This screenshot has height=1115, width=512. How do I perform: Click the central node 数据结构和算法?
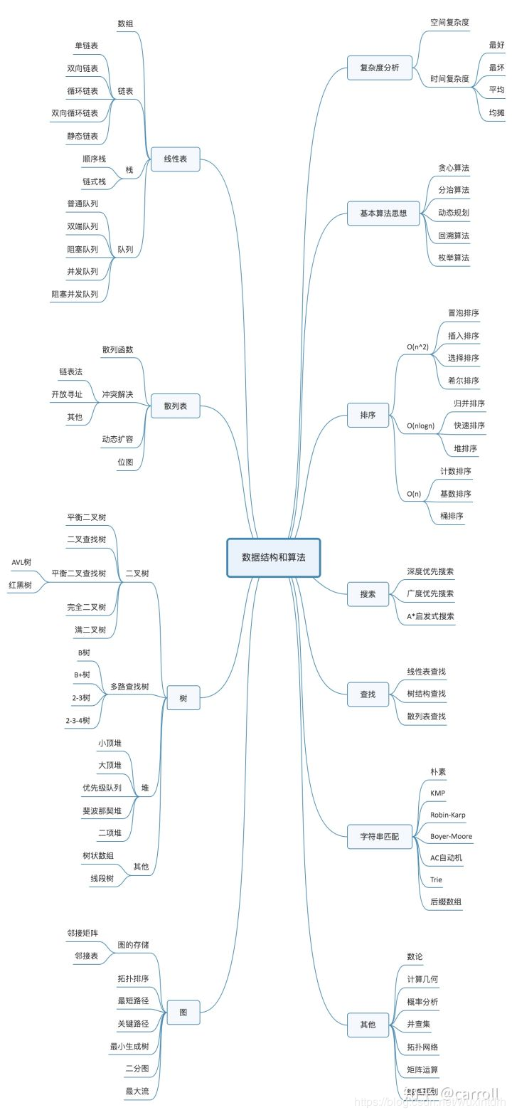pyautogui.click(x=274, y=557)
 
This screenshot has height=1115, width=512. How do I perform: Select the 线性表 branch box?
pyautogui.click(x=176, y=159)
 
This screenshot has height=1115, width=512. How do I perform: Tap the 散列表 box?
pyautogui.click(x=176, y=406)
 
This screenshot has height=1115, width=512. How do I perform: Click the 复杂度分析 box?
pyautogui.click(x=379, y=68)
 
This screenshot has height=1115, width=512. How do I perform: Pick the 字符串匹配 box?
pyautogui.click(x=379, y=836)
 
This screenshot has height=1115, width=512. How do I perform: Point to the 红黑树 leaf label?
pyautogui.click(x=20, y=584)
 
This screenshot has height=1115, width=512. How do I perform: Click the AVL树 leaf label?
pyautogui.click(x=21, y=562)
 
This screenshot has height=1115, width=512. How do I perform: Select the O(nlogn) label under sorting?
pyautogui.click(x=420, y=426)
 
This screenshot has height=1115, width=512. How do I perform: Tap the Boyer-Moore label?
pyautogui.click(x=451, y=836)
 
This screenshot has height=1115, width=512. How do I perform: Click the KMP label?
pyautogui.click(x=438, y=793)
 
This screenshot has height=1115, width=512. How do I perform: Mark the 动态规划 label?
pyautogui.click(x=454, y=212)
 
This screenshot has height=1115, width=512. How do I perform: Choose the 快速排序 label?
pyautogui.click(x=469, y=426)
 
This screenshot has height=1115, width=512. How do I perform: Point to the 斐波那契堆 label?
pyautogui.click(x=102, y=810)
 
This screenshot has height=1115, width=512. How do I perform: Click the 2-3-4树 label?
pyautogui.click(x=78, y=720)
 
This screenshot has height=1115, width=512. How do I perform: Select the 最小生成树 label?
pyautogui.click(x=129, y=1046)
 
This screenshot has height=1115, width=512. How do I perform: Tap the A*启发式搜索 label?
pyautogui.click(x=430, y=616)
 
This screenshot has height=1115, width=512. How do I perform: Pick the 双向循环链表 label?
pyautogui.click(x=75, y=112)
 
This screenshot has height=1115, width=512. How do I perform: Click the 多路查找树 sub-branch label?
pyautogui.click(x=129, y=687)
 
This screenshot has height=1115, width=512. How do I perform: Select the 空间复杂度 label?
pyautogui.click(x=449, y=23)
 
